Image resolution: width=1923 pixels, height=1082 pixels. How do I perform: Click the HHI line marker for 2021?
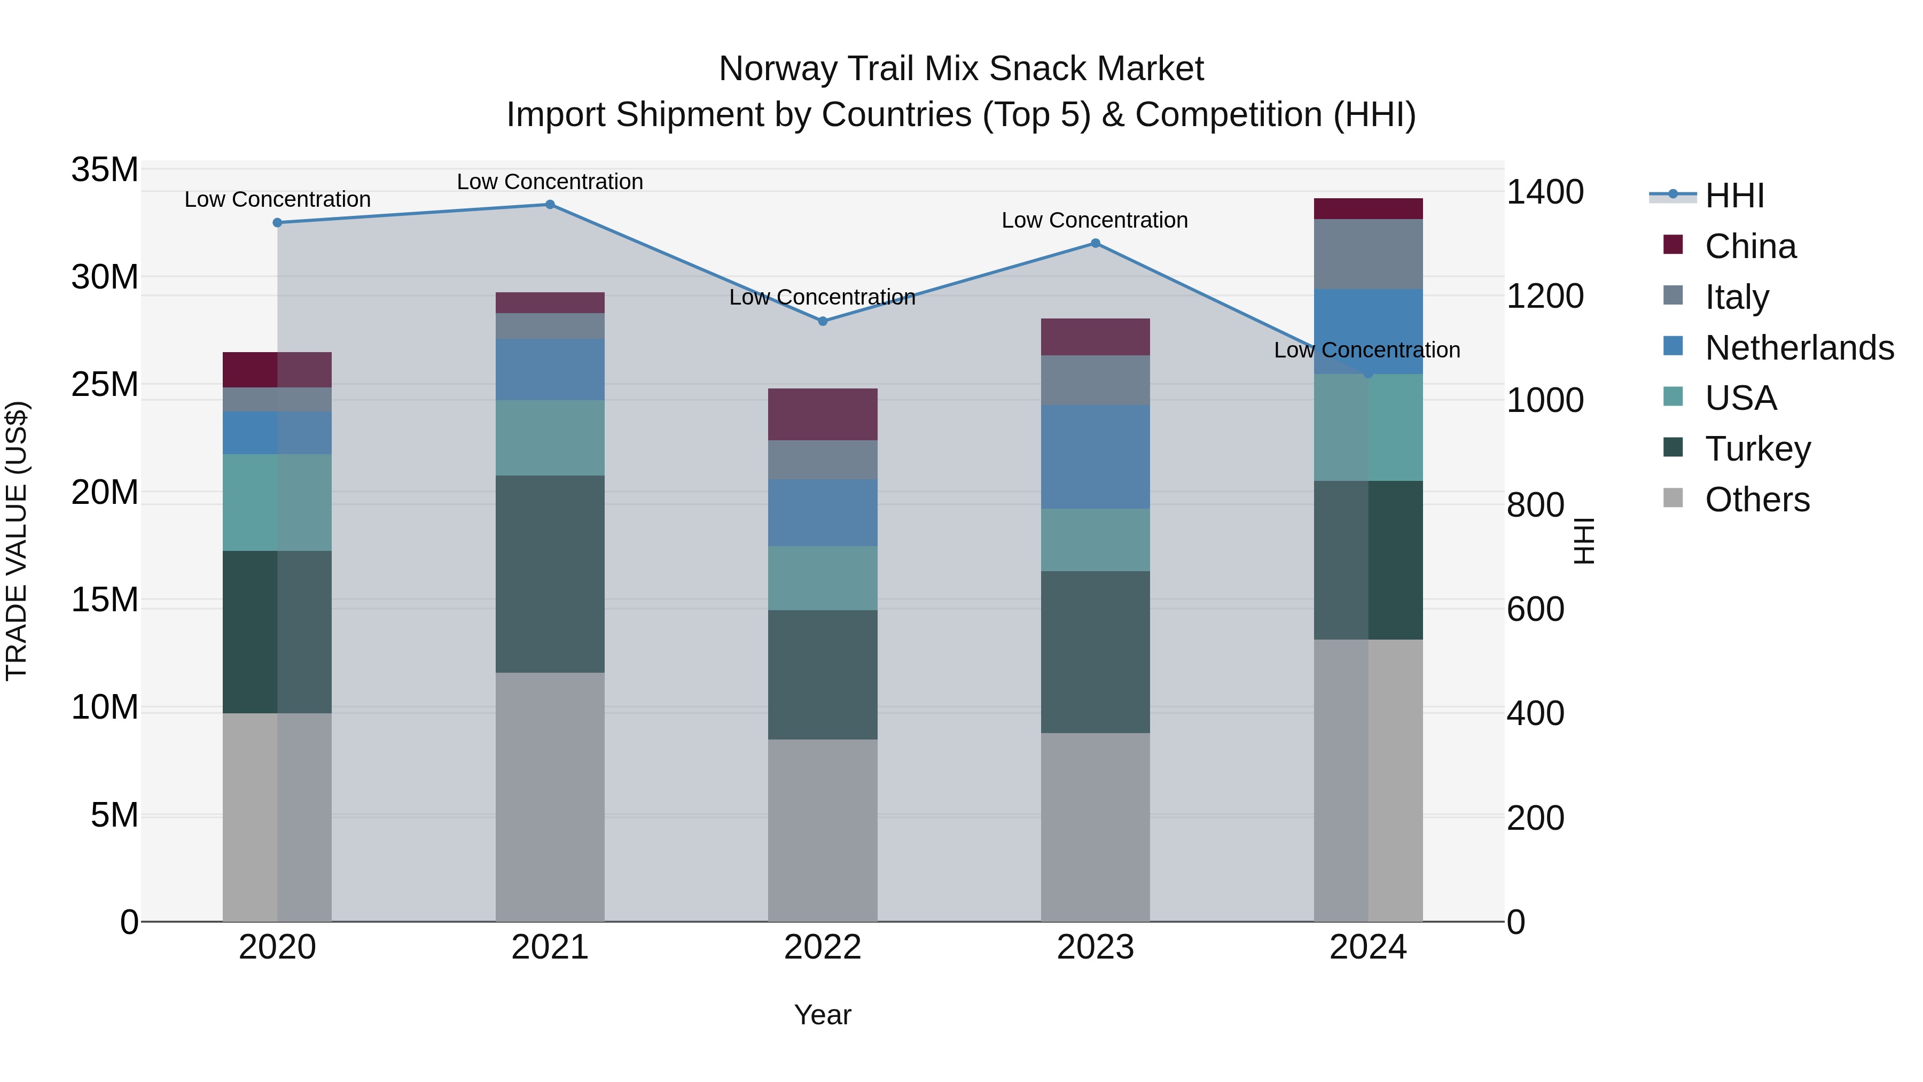(x=550, y=205)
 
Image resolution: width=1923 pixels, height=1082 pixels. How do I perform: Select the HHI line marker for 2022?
(x=823, y=321)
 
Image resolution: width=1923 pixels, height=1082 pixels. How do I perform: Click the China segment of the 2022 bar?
(x=823, y=415)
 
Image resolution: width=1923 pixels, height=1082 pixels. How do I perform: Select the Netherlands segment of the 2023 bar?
(x=1095, y=457)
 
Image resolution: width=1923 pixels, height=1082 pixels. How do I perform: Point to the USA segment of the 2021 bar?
(x=550, y=438)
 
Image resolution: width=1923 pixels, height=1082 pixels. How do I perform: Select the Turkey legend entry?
(x=1757, y=449)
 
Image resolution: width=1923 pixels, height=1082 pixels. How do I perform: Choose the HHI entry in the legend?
(x=1734, y=196)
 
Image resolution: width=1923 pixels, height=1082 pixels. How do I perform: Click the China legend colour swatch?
(x=1673, y=245)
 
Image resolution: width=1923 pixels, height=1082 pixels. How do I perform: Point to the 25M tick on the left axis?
(x=105, y=385)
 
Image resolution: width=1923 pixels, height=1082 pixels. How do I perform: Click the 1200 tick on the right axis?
(x=1544, y=297)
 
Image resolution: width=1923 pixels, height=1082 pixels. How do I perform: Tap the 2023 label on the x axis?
(x=1095, y=947)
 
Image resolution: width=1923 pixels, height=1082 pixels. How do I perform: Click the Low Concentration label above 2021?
(x=550, y=182)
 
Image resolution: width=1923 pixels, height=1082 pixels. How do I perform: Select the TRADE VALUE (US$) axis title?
(x=17, y=541)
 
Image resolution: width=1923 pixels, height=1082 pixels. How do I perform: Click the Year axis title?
(x=823, y=1015)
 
